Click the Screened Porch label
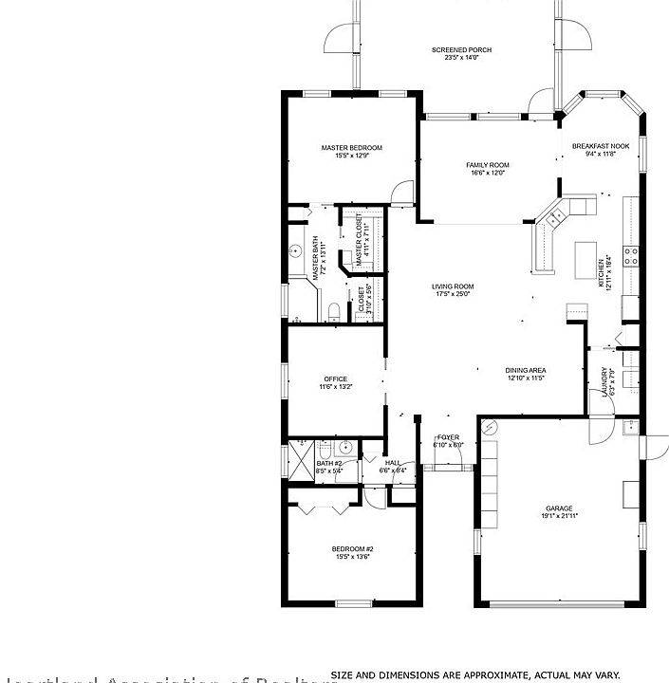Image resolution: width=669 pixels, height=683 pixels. click(x=461, y=49)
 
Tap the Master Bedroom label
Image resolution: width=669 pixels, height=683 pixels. click(x=351, y=147)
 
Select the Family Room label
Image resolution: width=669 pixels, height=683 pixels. click(x=487, y=165)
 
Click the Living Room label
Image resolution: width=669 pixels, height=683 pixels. click(x=455, y=286)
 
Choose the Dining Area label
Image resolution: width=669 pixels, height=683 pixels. click(x=525, y=370)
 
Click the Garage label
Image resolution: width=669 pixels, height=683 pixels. click(x=559, y=508)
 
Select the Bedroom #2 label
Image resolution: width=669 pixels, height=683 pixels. click(x=352, y=549)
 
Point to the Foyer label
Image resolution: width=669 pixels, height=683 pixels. click(x=448, y=437)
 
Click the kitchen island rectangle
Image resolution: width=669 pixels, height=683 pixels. click(x=584, y=256)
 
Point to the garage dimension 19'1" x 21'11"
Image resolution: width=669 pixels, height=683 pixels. click(x=559, y=516)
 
